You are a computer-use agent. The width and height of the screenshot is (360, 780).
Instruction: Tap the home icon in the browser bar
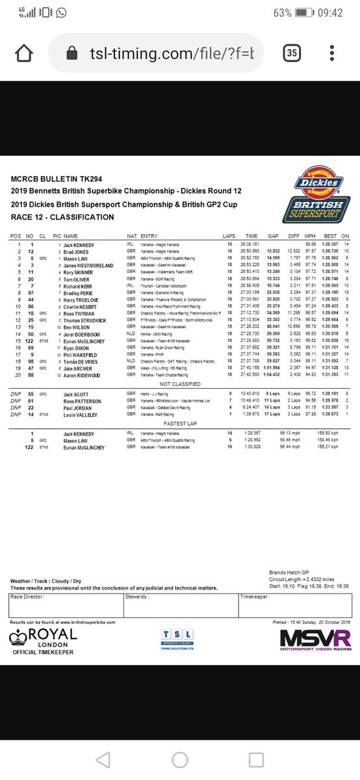tap(23, 53)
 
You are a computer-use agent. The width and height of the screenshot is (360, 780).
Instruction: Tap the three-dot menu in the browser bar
tap(333, 53)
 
